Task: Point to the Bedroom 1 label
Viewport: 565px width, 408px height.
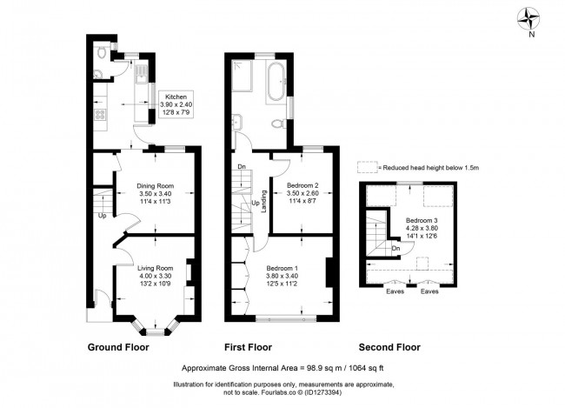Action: pyautogui.click(x=282, y=274)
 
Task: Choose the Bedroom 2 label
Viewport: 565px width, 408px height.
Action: pyautogui.click(x=304, y=193)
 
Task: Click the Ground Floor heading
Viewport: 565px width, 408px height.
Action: pyautogui.click(x=118, y=347)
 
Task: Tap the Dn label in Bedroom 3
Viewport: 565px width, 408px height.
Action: pyautogui.click(x=395, y=247)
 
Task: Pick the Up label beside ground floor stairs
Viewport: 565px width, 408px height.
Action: pyautogui.click(x=103, y=216)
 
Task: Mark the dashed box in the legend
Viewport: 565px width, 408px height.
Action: pyautogui.click(x=369, y=167)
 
